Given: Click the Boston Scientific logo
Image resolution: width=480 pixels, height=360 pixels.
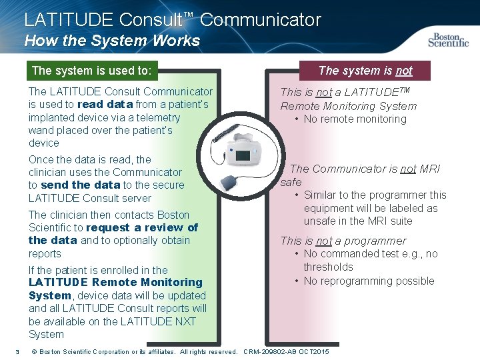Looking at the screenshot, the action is [449, 39].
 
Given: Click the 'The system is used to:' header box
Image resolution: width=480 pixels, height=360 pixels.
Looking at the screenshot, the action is [91, 70].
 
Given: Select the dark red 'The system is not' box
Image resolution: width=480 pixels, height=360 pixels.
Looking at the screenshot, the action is [365, 70].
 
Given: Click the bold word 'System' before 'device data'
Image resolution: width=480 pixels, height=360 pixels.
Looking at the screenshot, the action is [49, 295].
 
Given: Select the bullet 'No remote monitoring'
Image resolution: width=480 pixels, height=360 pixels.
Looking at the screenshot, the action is [355, 119].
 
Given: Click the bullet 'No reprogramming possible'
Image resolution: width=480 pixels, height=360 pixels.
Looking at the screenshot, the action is [369, 281].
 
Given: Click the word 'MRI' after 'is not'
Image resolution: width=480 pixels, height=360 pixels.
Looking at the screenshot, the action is [429, 169].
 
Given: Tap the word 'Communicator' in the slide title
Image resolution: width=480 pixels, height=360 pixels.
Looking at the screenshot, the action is [261, 20].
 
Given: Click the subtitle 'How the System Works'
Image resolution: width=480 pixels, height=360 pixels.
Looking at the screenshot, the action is [112, 41].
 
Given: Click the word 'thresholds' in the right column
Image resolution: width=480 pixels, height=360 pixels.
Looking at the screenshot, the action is [329, 267].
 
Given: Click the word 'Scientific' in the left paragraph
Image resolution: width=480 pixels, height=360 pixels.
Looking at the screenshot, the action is [50, 227].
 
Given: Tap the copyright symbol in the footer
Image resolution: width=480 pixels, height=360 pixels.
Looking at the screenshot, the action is [34, 351].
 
